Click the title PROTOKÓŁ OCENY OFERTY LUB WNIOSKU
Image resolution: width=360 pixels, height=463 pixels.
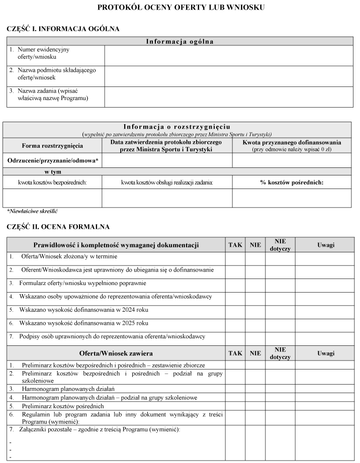click(181, 8)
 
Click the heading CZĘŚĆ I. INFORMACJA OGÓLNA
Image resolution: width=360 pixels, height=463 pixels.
click(63, 29)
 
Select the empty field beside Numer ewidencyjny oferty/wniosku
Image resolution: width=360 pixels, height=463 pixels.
click(228, 55)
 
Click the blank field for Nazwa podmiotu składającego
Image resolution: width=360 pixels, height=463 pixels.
click(228, 76)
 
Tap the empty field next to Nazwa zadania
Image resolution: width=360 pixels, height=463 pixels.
click(228, 97)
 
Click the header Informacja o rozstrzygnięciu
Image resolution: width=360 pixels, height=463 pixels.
click(177, 126)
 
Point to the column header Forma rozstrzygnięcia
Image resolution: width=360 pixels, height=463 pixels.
click(52, 146)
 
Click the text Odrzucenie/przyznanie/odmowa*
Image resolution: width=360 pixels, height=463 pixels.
click(52, 160)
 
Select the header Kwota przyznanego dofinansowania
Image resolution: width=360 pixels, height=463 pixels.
click(292, 142)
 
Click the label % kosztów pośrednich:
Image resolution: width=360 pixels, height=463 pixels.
click(292, 182)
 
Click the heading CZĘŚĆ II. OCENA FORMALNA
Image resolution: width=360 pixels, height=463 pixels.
click(58, 227)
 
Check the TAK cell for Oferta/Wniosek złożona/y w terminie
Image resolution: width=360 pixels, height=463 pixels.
click(235, 258)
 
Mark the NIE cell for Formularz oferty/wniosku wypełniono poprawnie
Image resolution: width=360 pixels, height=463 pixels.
click(255, 285)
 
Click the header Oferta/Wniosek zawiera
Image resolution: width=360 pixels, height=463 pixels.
click(116, 353)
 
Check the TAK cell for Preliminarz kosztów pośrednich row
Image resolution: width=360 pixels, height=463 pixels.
click(235, 406)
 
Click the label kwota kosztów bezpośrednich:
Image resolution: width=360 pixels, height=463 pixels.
click(52, 182)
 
